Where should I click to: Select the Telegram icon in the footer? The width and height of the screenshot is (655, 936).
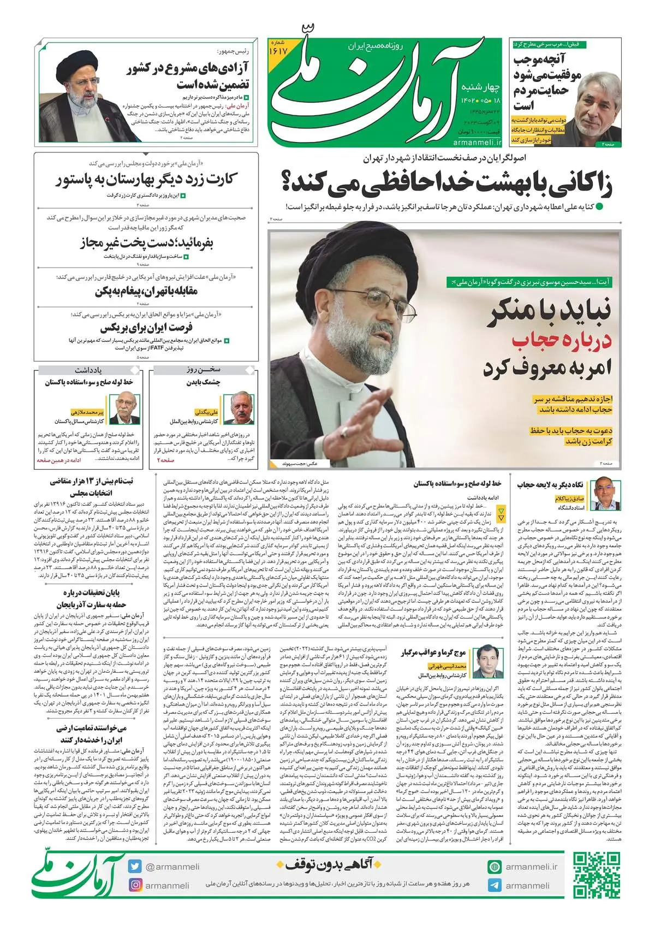(x=495, y=885)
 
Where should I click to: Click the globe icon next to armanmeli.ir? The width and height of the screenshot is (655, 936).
(x=495, y=867)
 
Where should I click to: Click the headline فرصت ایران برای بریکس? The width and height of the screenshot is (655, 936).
(x=146, y=328)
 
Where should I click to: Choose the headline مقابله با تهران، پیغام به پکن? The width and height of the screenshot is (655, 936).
(x=146, y=291)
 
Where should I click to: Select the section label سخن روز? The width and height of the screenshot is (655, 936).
(x=203, y=370)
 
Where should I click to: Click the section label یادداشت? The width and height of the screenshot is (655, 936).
(x=88, y=370)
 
